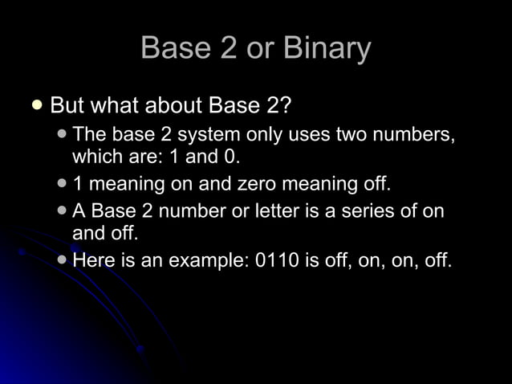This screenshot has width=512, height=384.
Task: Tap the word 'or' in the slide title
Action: coord(261,49)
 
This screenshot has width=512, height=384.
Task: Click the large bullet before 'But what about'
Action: coord(35,104)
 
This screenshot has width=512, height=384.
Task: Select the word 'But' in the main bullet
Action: coord(67,106)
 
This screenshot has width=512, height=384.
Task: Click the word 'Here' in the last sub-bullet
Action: coord(92,261)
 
